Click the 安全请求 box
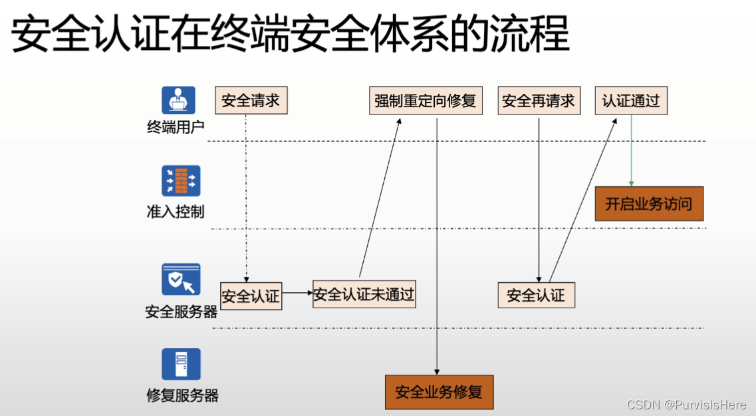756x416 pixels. [251, 101]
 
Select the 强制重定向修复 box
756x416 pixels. [426, 101]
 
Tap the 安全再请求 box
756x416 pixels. [539, 101]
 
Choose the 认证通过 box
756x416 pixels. [630, 101]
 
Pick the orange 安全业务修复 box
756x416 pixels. [439, 392]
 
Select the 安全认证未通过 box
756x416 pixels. [364, 294]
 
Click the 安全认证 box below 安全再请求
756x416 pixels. [536, 296]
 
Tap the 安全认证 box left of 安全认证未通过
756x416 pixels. [251, 296]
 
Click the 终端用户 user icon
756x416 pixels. [178, 101]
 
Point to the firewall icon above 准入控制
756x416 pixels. [181, 180]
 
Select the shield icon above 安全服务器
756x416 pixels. [181, 279]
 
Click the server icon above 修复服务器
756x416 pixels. [181, 364]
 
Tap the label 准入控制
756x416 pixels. [176, 212]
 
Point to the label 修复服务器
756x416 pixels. [182, 395]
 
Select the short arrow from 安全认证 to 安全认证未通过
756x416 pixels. [297, 292]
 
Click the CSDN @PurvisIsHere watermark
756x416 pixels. [686, 405]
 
